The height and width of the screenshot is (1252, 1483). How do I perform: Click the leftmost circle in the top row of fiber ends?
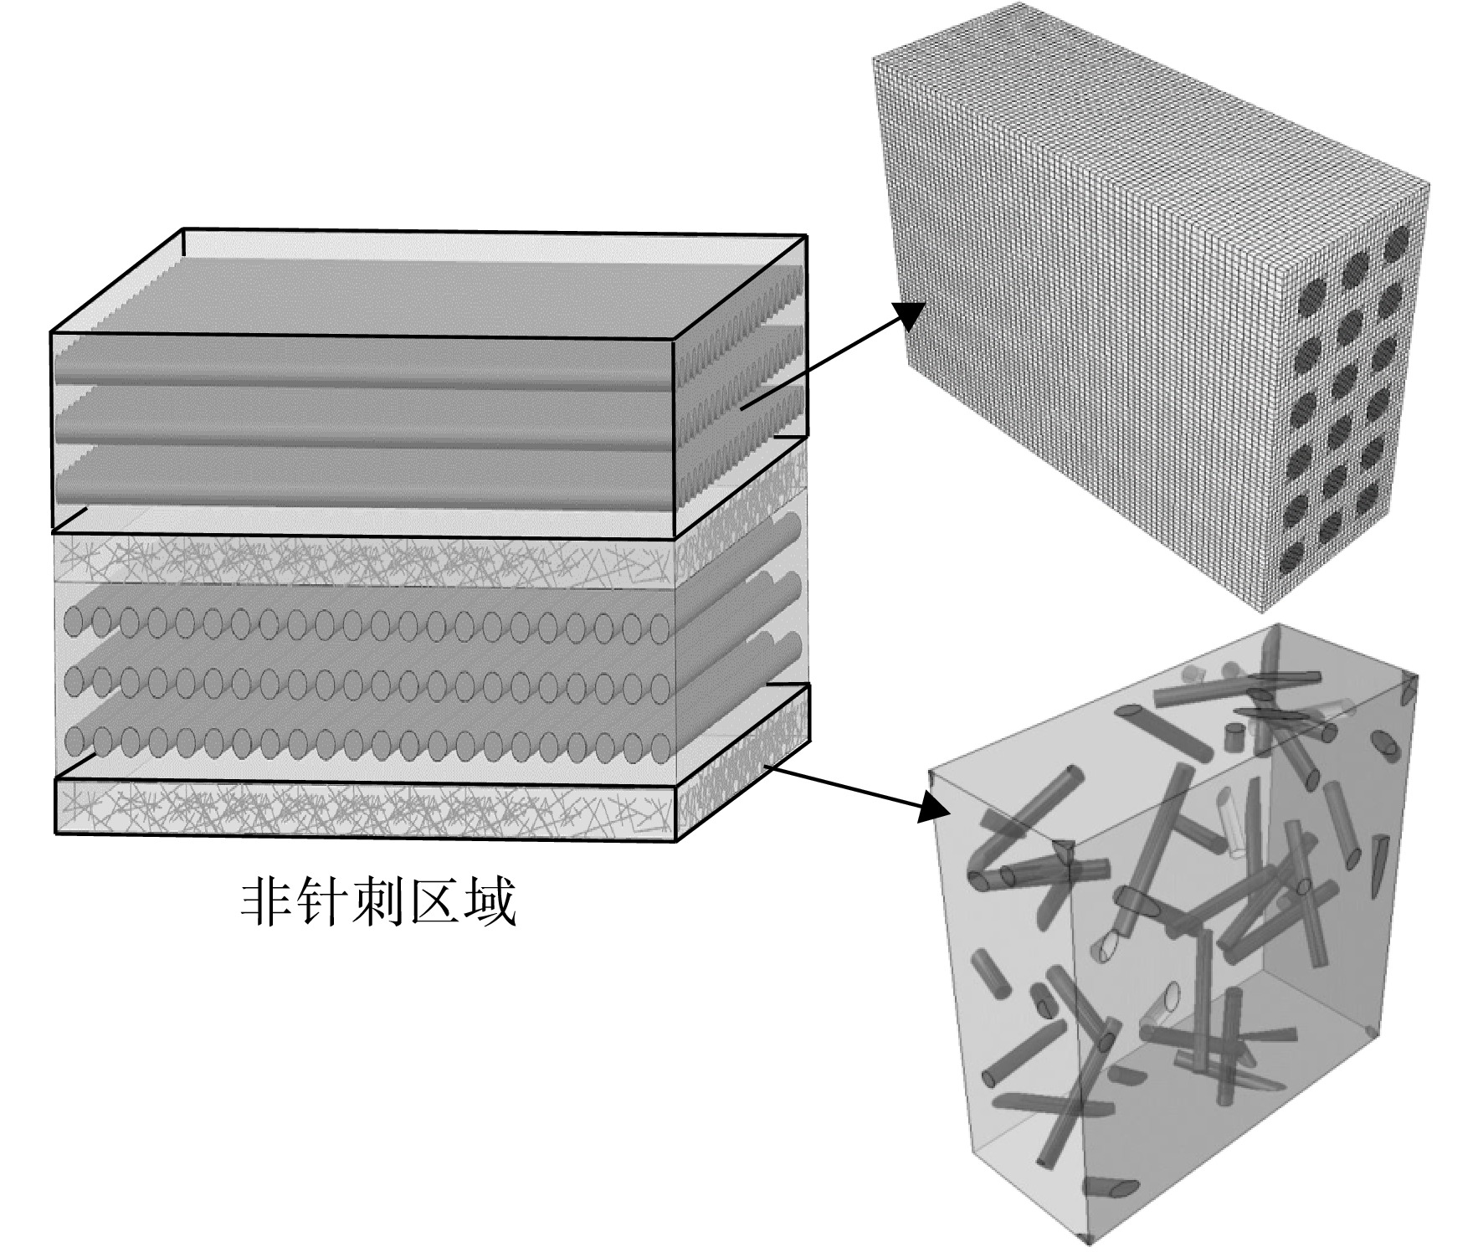tap(74, 622)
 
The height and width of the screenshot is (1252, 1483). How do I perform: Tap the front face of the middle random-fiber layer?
tap(364, 559)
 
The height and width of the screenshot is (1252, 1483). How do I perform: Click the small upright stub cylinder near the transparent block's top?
tap(1231, 738)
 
